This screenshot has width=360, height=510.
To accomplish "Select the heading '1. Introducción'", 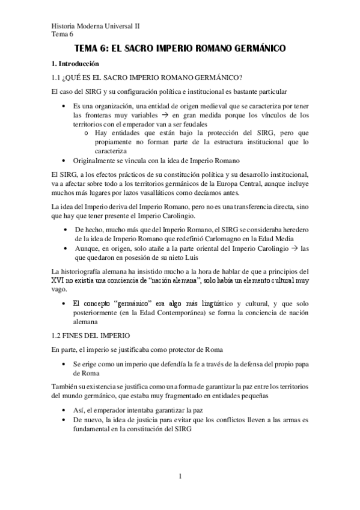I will pos(76,63).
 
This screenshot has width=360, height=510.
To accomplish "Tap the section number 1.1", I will pos(58,77).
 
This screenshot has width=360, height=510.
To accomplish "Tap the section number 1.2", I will pos(58,334).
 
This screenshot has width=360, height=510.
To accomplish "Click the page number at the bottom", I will pos(180,478).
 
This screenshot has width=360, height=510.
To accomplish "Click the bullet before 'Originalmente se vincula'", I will pos(65,161).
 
